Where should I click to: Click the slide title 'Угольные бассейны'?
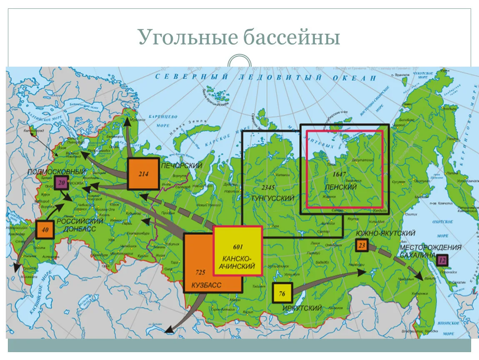point(239,37)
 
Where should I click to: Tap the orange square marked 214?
point(143,174)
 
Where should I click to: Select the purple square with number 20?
point(61,182)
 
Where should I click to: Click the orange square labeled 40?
point(45,230)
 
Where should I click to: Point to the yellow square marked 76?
point(282,294)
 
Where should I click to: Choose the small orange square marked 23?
point(361,245)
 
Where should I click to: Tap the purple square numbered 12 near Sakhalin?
point(442,260)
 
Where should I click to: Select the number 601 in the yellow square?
point(238,246)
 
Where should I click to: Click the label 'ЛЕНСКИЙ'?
point(342,187)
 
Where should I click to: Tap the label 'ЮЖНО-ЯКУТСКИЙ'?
point(385,232)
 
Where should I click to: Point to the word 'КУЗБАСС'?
point(206,285)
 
